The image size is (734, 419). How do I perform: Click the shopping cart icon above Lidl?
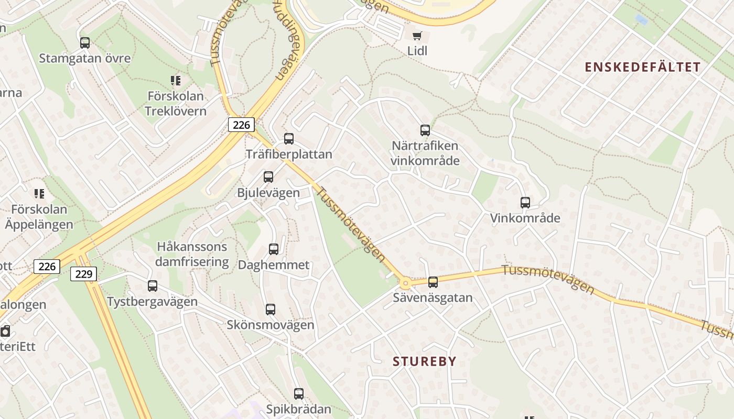point(417,36)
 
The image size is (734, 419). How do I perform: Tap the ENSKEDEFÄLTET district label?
point(642,67)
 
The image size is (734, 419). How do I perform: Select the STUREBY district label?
point(424,361)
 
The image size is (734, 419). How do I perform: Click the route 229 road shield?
point(83,273)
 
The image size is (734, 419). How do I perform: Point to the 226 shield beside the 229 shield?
point(47,267)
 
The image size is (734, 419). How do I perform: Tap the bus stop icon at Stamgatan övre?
point(84,43)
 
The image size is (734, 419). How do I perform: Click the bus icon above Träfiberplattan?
point(289,139)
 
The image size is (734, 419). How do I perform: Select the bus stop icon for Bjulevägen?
point(268,177)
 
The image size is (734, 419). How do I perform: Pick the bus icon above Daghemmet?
point(274,249)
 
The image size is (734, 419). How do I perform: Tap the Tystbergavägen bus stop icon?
point(153,286)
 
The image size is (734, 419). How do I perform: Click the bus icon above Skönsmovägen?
point(271,310)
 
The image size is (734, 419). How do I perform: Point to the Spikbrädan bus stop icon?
point(299,394)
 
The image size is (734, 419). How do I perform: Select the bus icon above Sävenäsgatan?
point(433,282)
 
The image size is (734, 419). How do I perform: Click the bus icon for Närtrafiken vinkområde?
point(425,130)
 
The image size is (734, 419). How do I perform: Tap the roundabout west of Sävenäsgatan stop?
point(405,283)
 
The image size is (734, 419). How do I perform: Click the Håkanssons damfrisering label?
point(192,254)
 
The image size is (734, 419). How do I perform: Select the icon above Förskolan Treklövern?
point(176,81)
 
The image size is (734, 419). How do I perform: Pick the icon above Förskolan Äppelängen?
point(39,194)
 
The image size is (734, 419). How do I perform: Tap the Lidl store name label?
point(417,51)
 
